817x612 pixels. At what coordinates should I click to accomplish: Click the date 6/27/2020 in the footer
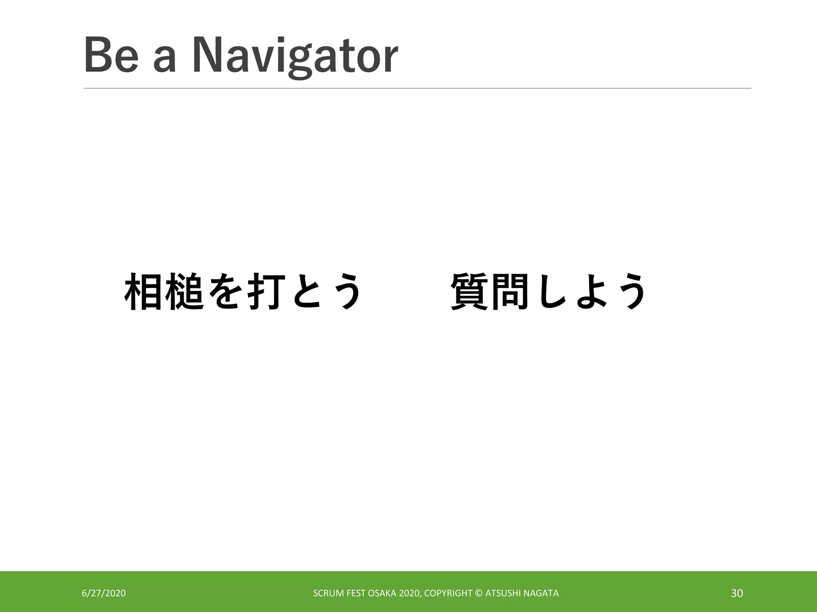tap(104, 593)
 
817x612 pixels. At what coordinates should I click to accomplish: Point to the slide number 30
tap(737, 593)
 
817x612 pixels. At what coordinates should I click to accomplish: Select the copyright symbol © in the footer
tap(479, 593)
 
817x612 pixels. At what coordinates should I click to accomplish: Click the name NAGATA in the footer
tap(541, 593)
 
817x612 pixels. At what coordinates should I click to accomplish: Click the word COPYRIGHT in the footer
tap(448, 593)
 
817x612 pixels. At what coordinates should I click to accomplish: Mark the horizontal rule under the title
tap(417, 88)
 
